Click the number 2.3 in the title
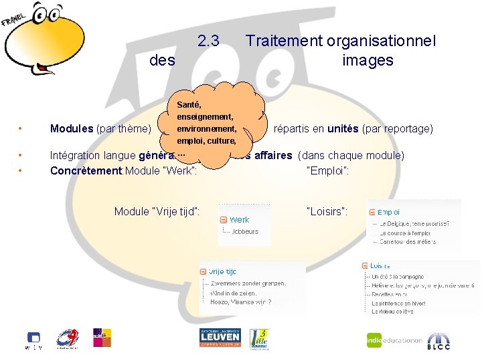pyautogui.click(x=209, y=41)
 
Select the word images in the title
pyautogui.click(x=368, y=60)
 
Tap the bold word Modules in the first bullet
pyautogui.click(x=72, y=128)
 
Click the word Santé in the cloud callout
pyautogui.click(x=189, y=105)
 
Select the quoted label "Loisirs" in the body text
pyautogui.click(x=327, y=211)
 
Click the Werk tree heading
pyautogui.click(x=239, y=219)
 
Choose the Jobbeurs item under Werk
pyautogui.click(x=244, y=231)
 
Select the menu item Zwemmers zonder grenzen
pyautogui.click(x=248, y=283)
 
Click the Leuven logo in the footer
pyautogui.click(x=220, y=338)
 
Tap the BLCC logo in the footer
pyautogui.click(x=438, y=340)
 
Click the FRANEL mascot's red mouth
pyautogui.click(x=45, y=68)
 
